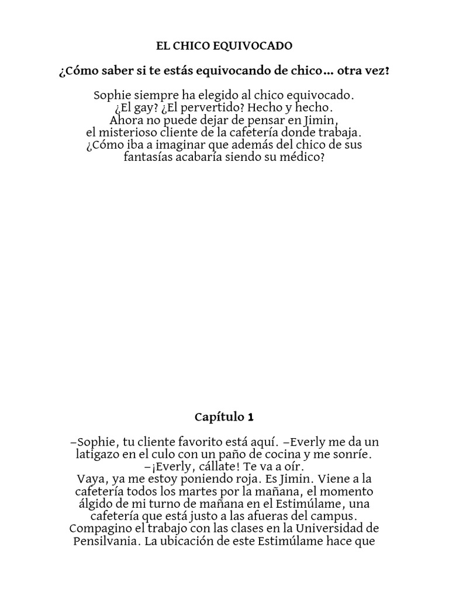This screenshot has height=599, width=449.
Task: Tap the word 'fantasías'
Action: [148, 158]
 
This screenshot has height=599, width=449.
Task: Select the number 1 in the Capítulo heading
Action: [251, 417]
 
